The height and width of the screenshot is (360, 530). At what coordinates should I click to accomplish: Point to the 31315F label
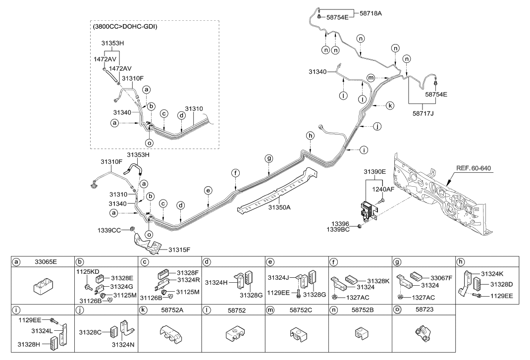pyautogui.click(x=180, y=249)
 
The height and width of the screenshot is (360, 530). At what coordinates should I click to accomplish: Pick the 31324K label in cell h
pyautogui.click(x=493, y=273)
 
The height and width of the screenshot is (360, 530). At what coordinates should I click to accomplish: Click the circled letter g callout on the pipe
pyautogui.click(x=269, y=158)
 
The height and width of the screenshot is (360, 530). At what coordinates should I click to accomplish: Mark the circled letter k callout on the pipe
pyautogui.click(x=390, y=106)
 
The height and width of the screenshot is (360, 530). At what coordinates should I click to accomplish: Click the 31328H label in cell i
pyautogui.click(x=28, y=344)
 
